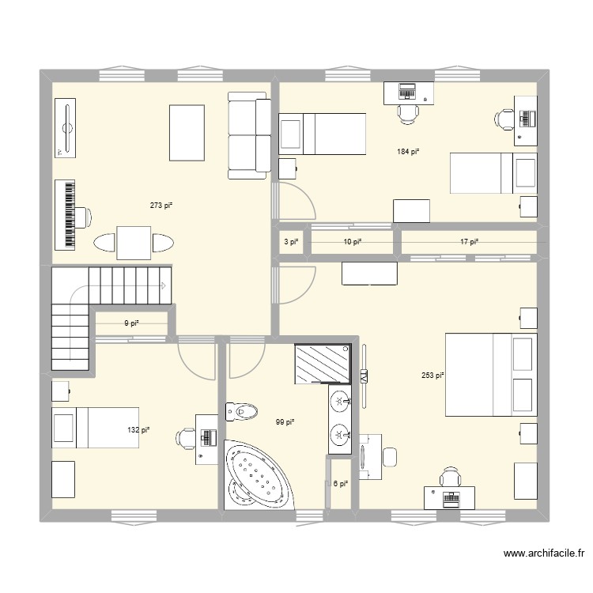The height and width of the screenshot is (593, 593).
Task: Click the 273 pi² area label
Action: (161, 206)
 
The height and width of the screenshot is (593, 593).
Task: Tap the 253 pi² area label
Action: (433, 376)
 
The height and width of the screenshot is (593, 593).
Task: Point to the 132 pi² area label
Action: (139, 430)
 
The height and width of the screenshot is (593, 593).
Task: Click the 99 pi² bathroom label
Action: (285, 422)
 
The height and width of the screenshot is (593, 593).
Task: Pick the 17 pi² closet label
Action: (469, 242)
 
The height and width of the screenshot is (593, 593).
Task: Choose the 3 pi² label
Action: (290, 242)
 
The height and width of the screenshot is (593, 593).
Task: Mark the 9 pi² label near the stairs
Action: (131, 323)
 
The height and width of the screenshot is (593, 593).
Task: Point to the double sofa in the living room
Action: (249, 134)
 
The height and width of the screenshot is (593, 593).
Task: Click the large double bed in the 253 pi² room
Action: (491, 375)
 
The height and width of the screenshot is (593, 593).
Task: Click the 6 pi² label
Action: (340, 485)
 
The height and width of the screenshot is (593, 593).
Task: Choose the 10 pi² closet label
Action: (352, 242)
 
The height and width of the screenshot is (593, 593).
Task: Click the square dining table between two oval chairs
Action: (134, 242)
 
